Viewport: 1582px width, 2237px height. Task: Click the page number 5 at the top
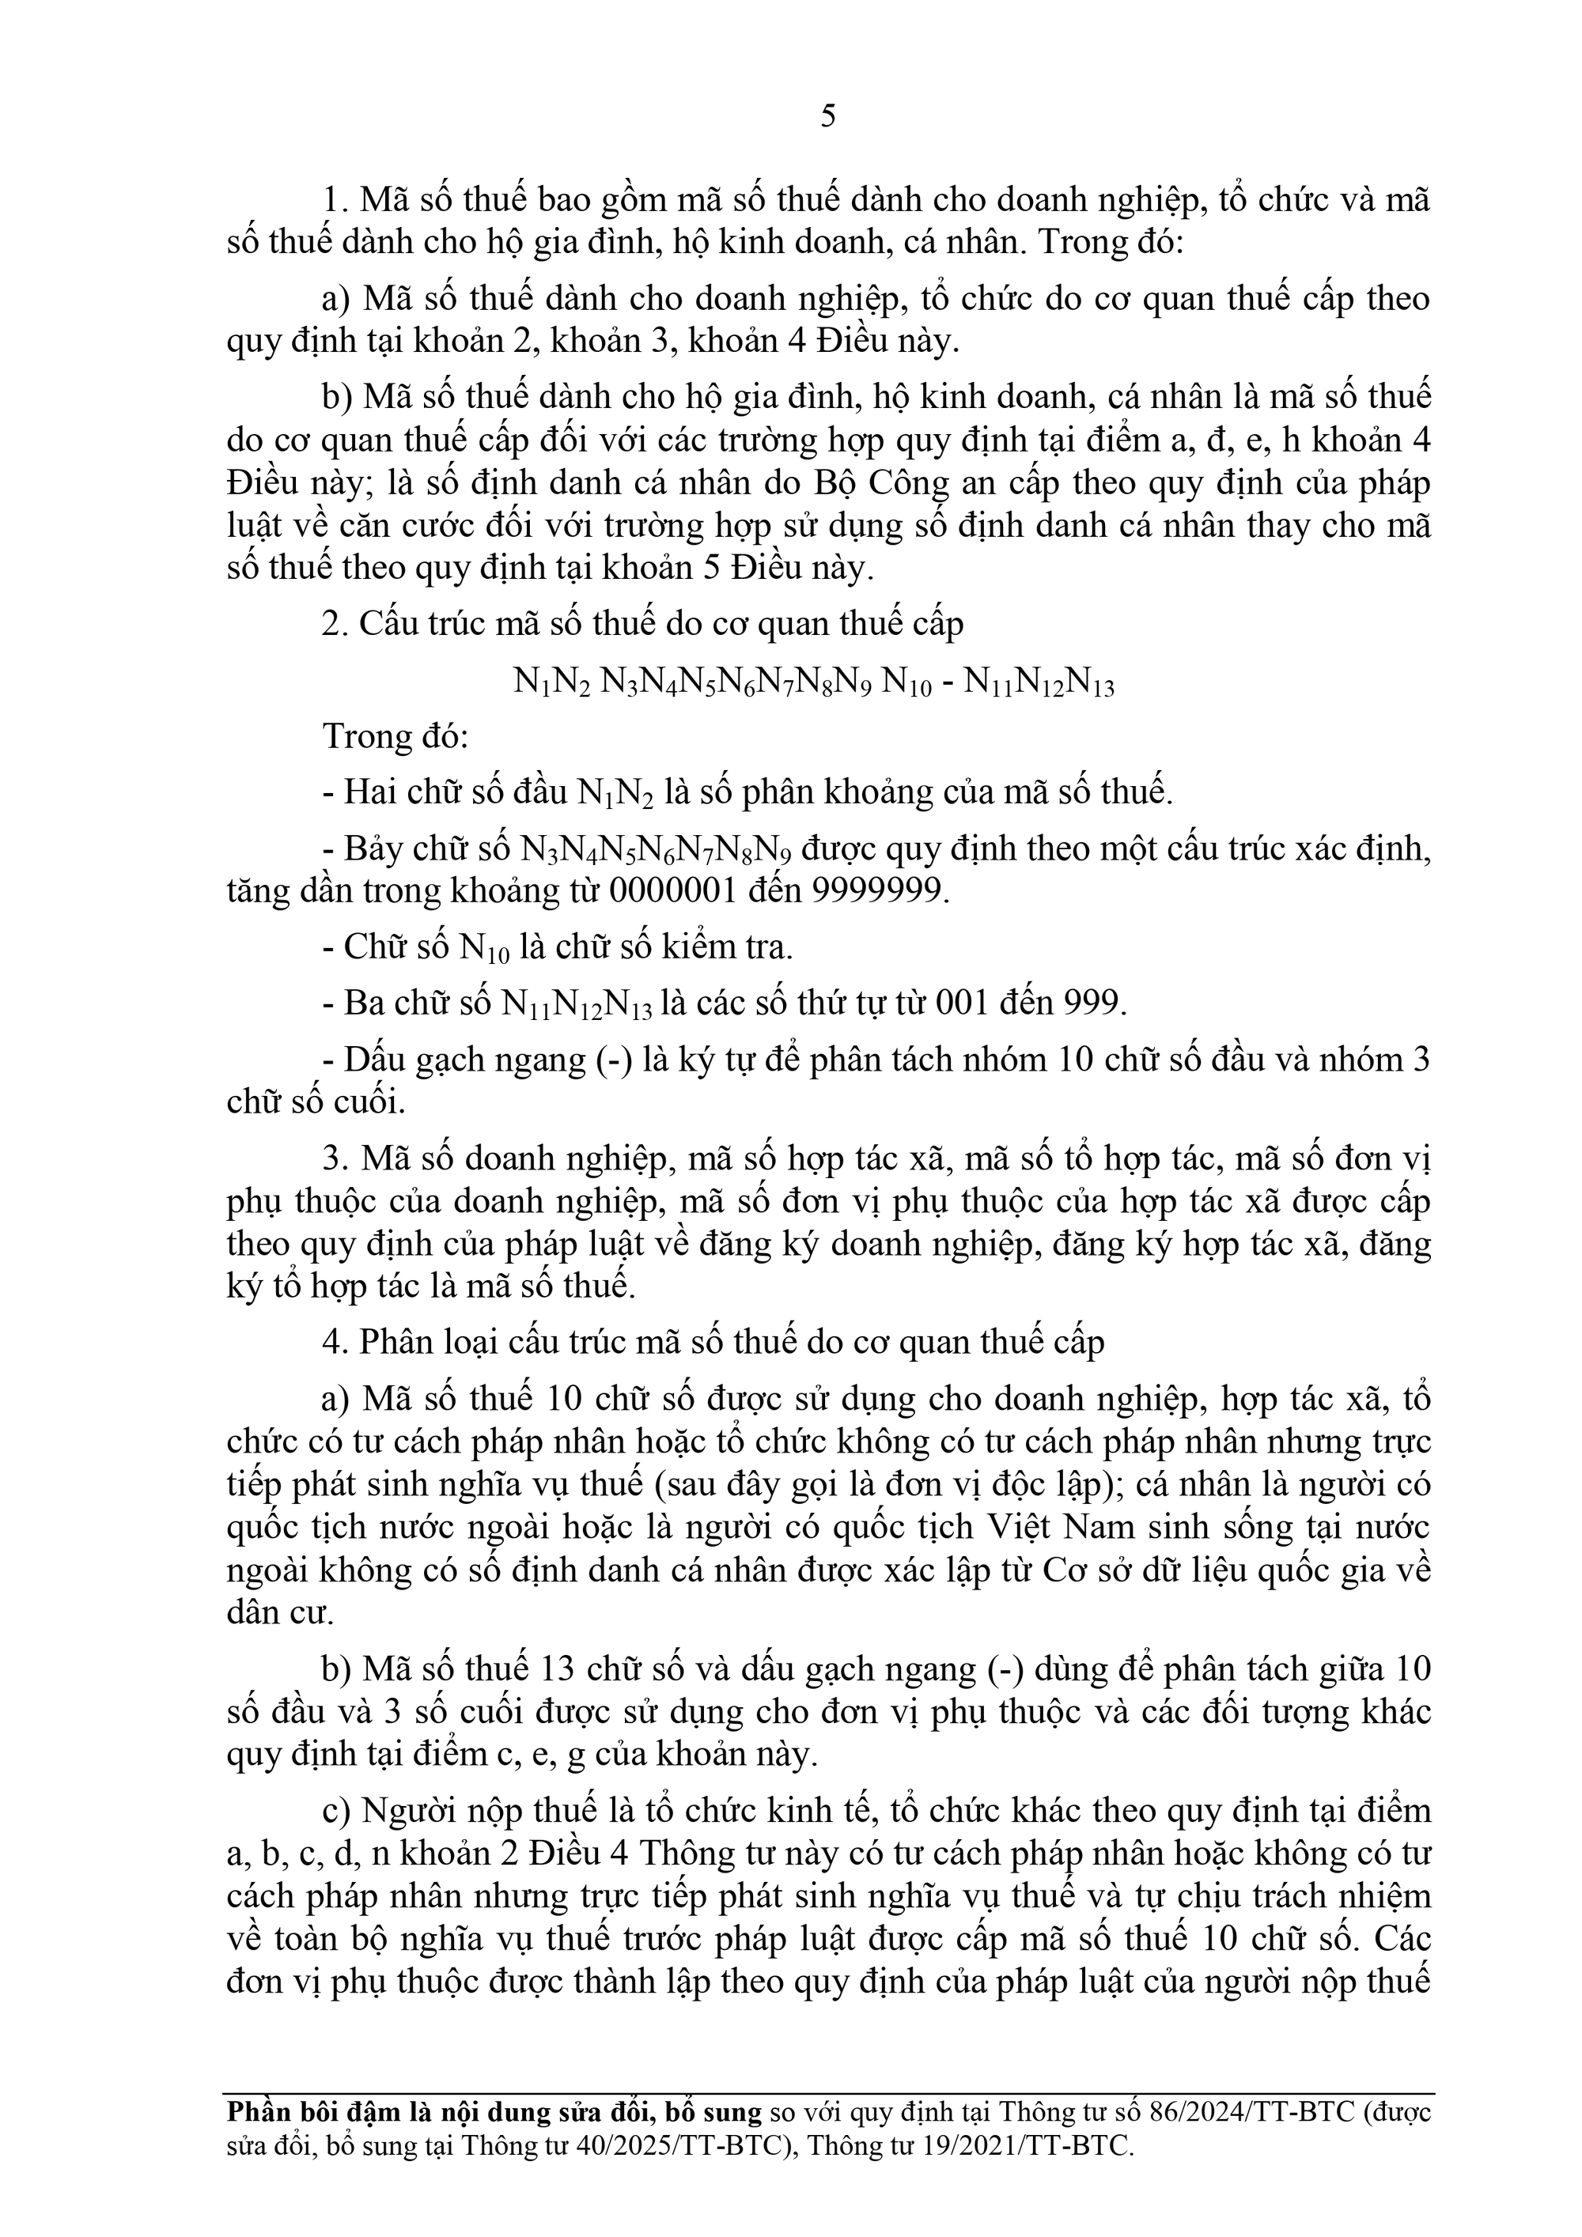(x=828, y=117)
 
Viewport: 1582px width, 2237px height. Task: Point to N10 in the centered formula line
(x=907, y=684)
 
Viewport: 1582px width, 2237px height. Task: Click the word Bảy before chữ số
(x=372, y=849)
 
